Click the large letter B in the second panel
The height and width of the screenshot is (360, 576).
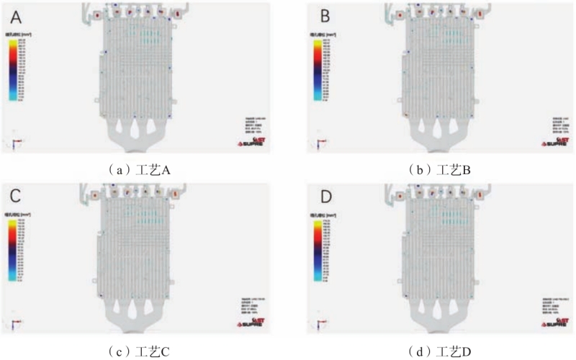tap(324, 15)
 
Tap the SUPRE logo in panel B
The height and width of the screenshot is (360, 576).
tap(553, 142)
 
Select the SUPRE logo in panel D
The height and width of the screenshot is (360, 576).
tap(553, 322)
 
